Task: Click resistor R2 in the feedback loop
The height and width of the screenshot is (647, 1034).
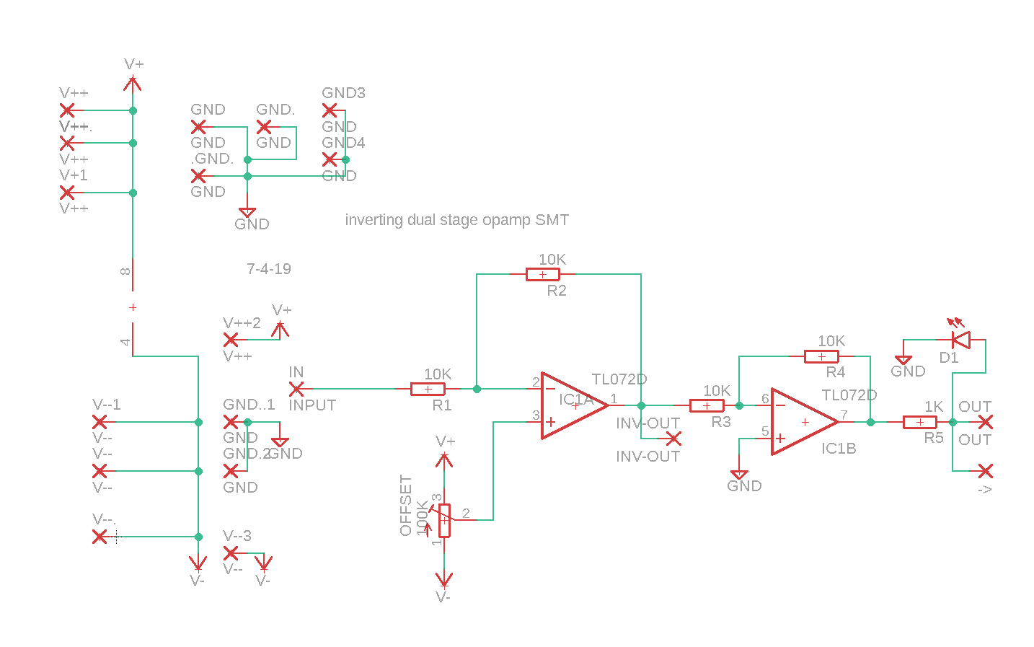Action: pyautogui.click(x=542, y=274)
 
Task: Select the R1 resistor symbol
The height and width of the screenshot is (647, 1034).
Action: pyautogui.click(x=428, y=389)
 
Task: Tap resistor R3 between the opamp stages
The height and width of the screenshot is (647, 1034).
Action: pyautogui.click(x=707, y=405)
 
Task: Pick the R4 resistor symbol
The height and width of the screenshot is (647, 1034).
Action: pyautogui.click(x=821, y=356)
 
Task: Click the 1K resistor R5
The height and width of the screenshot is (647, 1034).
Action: pyautogui.click(x=919, y=422)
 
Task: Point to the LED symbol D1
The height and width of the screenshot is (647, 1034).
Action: pyautogui.click(x=960, y=339)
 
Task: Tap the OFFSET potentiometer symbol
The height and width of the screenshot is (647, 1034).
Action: pyautogui.click(x=444, y=520)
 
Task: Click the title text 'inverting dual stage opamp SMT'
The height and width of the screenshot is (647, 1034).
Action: pyautogui.click(x=456, y=220)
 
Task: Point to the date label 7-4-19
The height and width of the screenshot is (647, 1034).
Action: pyautogui.click(x=269, y=269)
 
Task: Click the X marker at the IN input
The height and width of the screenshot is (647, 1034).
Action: pyautogui.click(x=296, y=389)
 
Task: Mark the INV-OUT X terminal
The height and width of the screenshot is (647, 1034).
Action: pyautogui.click(x=673, y=438)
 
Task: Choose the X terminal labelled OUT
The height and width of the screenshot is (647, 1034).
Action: pyautogui.click(x=985, y=422)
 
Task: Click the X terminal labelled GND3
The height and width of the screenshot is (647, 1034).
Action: pyautogui.click(x=330, y=110)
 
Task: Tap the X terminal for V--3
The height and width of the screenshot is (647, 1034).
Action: pyautogui.click(x=231, y=553)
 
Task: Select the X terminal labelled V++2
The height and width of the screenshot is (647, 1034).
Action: pyautogui.click(x=231, y=339)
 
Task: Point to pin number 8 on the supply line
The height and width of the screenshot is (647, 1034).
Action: pyautogui.click(x=125, y=272)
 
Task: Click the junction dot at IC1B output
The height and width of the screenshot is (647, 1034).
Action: pyautogui.click(x=870, y=422)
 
